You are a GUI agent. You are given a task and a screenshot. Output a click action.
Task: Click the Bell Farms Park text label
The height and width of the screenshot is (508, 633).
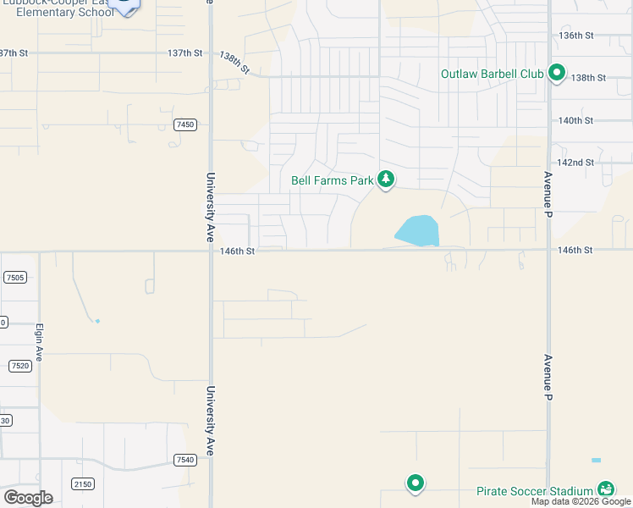(x=332, y=180)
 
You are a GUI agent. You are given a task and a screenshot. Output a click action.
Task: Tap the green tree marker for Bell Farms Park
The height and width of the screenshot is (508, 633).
(x=386, y=179)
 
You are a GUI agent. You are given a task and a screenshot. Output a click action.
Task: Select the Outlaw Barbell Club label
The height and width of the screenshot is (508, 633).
(x=492, y=74)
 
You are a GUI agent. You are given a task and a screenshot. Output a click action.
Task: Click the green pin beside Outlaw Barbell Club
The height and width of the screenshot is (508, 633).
(x=557, y=74)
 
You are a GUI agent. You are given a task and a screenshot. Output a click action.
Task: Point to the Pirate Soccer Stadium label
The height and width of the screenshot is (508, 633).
(x=534, y=491)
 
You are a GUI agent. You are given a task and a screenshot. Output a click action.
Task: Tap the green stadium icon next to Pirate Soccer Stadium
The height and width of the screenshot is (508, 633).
(x=605, y=490)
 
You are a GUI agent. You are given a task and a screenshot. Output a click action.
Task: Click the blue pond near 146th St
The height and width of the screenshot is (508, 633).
(x=417, y=230)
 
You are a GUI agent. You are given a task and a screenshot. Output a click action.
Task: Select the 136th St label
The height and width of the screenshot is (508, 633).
(x=577, y=36)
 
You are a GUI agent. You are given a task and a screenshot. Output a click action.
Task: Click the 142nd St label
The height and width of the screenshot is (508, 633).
(x=577, y=163)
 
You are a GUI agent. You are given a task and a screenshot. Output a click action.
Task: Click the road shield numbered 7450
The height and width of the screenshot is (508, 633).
(x=185, y=124)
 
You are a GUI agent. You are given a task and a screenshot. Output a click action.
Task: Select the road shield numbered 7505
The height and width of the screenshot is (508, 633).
(x=14, y=277)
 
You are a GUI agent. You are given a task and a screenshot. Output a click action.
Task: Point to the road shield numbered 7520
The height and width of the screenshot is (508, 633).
(x=20, y=366)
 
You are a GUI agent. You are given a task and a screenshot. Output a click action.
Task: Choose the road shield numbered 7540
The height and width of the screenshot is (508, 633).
(x=184, y=460)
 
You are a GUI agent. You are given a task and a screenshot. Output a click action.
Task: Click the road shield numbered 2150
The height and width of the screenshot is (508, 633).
(x=83, y=483)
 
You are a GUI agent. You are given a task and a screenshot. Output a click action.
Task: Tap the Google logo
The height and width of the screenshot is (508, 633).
(x=28, y=498)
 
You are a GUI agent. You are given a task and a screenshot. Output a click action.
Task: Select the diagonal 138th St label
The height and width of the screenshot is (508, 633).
(x=234, y=63)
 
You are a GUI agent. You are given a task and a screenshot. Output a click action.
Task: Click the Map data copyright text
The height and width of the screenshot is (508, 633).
(x=581, y=501)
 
